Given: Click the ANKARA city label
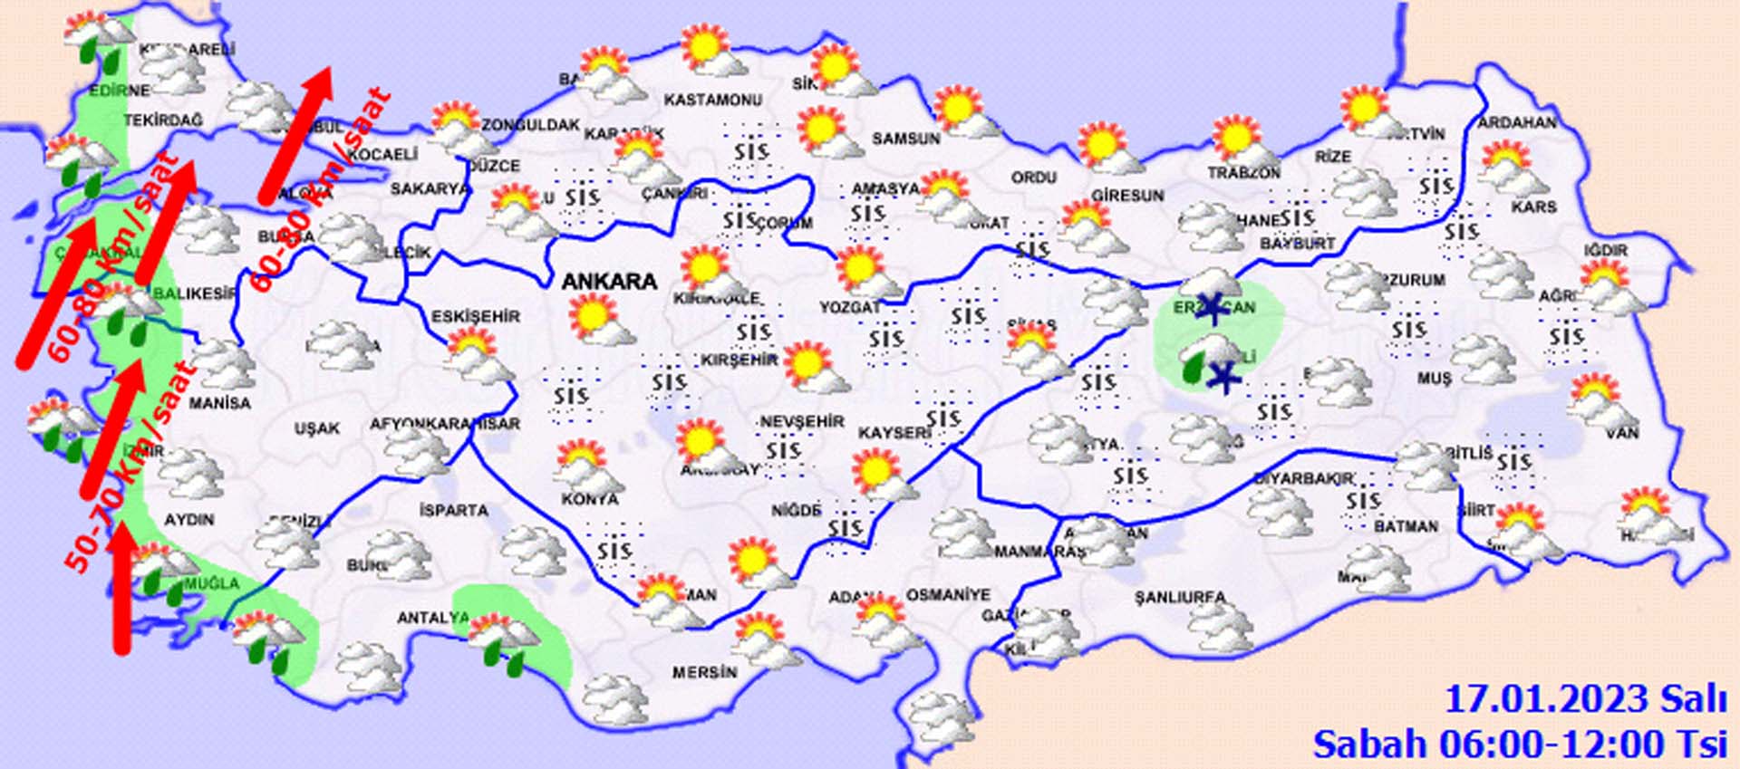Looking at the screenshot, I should tap(608, 282).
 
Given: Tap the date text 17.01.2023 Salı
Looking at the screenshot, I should tap(1584, 700).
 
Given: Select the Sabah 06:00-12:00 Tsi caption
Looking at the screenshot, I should tap(1519, 745).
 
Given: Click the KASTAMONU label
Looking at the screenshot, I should tap(712, 100).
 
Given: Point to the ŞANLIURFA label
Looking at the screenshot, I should tap(1179, 597).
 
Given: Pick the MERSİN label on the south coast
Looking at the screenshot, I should tap(704, 673).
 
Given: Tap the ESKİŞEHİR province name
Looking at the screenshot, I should tap(475, 316).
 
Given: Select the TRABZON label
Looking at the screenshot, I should tap(1243, 172).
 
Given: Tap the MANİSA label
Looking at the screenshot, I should tap(219, 403).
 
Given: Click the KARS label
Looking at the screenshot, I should tap(1533, 207).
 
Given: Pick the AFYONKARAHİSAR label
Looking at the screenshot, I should tap(444, 423).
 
